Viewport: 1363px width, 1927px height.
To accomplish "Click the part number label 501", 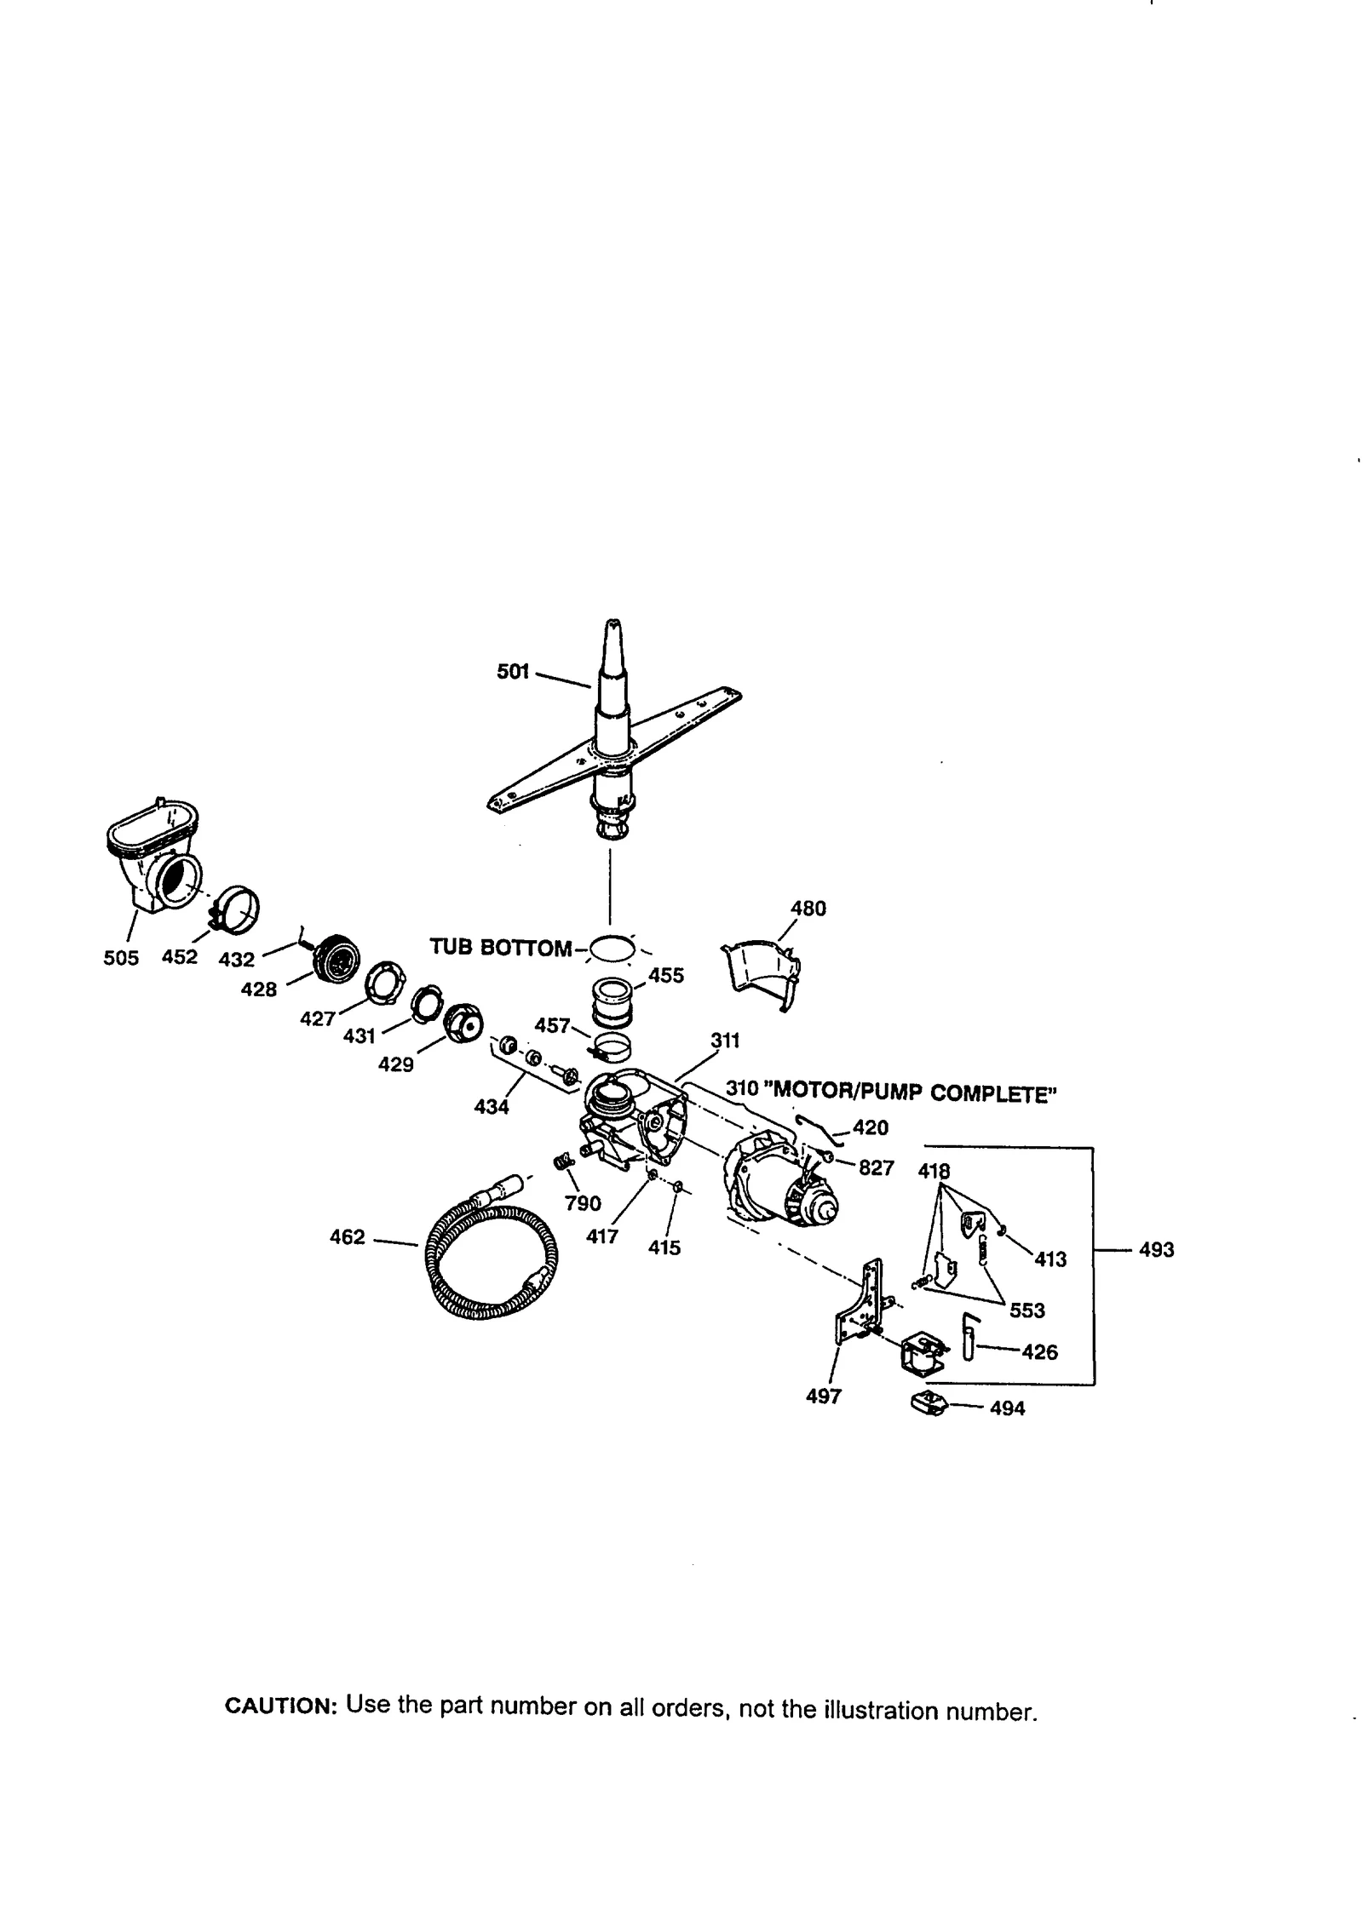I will coord(513,672).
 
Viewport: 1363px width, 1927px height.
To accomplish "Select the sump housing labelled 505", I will coord(154,861).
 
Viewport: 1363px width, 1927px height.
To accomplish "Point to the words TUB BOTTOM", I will coord(500,948).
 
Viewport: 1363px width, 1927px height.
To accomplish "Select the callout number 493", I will coord(1156,1250).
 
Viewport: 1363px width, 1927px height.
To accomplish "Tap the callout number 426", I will coord(1039,1351).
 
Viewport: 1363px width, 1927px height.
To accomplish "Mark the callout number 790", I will coord(583,1203).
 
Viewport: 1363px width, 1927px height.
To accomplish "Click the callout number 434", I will coord(492,1107).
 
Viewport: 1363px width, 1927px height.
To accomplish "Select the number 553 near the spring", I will coord(1027,1310).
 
